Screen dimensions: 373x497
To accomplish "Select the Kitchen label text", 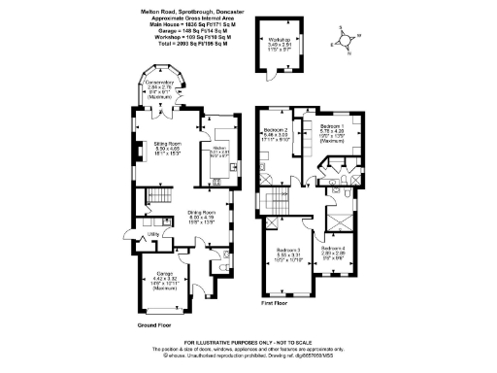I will [218, 148].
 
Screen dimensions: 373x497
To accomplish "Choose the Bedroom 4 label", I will [334, 249].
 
